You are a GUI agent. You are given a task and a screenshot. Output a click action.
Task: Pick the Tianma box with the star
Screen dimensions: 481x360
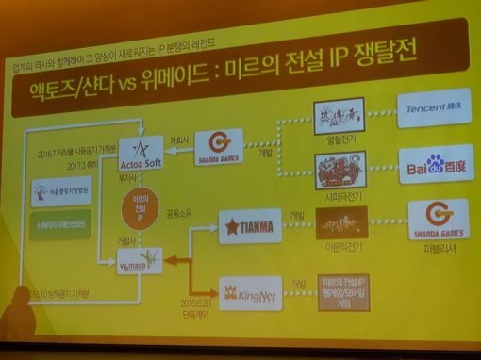(249, 224)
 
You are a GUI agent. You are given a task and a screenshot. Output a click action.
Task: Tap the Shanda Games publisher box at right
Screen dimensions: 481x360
(438, 220)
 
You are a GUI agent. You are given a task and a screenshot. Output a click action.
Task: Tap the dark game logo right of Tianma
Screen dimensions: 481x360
(341, 221)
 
